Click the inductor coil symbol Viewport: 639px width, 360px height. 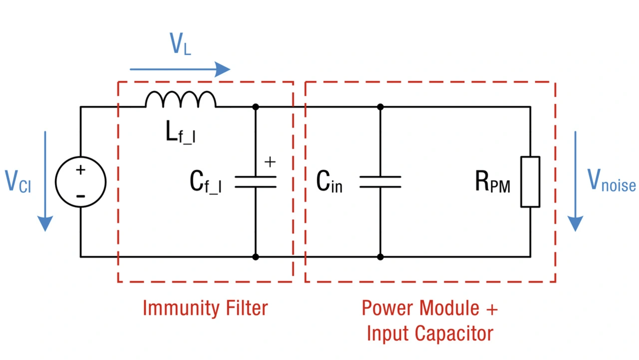tap(181, 99)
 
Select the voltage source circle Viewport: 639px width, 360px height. tap(80, 182)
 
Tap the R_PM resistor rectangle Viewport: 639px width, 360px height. tap(530, 182)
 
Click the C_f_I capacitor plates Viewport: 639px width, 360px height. tap(255, 182)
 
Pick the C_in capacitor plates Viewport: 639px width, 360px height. tap(380, 182)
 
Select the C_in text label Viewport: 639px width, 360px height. tap(329, 183)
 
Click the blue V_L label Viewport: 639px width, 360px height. tap(180, 45)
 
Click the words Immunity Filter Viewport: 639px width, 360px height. tap(205, 308)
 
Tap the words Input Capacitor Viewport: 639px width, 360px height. tap(430, 334)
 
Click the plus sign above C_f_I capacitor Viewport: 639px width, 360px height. tap(270, 162)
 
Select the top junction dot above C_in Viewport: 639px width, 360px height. tap(380, 107)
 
